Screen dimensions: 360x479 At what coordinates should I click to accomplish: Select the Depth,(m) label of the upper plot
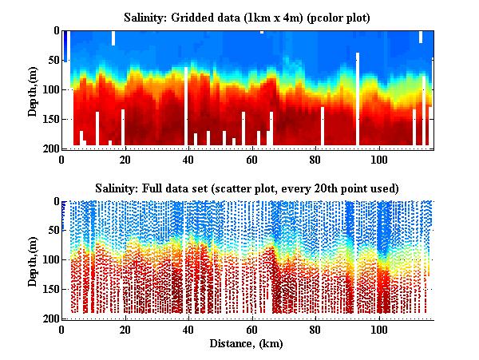pos(34,89)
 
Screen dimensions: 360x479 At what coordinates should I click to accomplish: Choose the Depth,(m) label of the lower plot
pos(34,259)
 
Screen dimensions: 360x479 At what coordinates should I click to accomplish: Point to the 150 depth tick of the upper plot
pos(49,120)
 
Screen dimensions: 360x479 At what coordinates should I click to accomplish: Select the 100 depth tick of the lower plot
pos(49,260)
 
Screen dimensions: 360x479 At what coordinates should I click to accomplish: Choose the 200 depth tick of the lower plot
pos(49,319)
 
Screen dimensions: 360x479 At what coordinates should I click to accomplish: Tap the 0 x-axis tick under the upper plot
pos(61,158)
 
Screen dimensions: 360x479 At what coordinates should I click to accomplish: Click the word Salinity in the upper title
pos(148,17)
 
